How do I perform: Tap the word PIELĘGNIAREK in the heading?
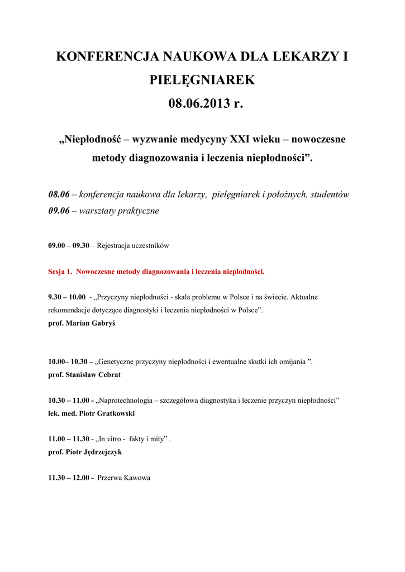[202, 80]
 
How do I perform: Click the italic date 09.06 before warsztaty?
[59, 211]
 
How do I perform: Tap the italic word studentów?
[330, 194]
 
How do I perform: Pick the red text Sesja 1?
[60, 272]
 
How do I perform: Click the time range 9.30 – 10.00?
[67, 297]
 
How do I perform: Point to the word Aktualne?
[304, 297]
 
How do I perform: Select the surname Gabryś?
[102, 323]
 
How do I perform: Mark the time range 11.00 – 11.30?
[69, 439]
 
